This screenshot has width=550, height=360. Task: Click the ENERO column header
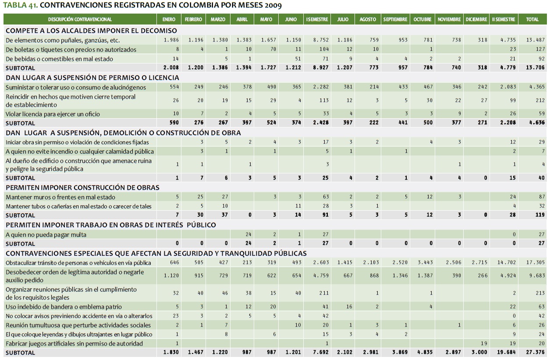[169, 20]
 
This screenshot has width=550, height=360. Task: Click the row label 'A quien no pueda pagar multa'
[46, 235]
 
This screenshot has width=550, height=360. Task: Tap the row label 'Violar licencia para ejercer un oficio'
[53, 114]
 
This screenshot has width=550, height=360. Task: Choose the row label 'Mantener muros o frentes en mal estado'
[54, 197]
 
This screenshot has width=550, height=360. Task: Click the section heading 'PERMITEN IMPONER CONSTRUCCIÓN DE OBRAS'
[82, 187]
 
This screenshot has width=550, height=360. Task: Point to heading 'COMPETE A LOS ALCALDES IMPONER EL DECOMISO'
[91, 31]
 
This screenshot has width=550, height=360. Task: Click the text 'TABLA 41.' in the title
[19, 5]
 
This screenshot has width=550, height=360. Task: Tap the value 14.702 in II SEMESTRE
[504, 263]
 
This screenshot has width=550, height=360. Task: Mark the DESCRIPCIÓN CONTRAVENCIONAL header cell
[80, 20]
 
